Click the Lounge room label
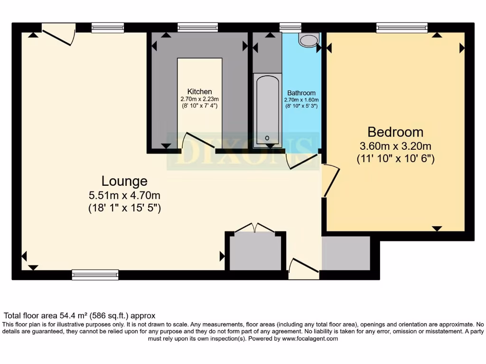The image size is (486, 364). tap(124, 181)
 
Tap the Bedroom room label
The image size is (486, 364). tap(395, 132)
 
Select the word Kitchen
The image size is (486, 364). tap(199, 91)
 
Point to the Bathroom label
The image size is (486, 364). tap(301, 93)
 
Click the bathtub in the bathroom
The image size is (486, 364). tap(267, 110)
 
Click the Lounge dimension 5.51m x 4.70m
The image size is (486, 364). tap(124, 195)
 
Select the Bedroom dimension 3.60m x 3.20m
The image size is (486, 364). tap(395, 146)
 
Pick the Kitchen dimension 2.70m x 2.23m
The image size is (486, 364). tap(199, 99)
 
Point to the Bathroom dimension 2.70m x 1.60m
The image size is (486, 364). tap(301, 100)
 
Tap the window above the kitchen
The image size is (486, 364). tap(198, 28)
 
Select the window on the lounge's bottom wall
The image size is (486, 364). tap(95, 274)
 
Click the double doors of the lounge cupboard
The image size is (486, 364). tap(255, 228)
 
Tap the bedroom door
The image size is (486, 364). tap(331, 181)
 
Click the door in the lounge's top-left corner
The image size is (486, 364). tap(58, 35)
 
